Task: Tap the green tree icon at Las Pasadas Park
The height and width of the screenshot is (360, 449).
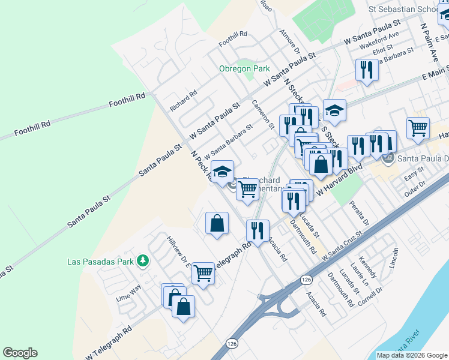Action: coord(142,261)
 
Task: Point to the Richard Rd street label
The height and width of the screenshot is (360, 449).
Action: coord(183,100)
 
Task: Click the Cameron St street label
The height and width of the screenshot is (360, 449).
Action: coord(263,115)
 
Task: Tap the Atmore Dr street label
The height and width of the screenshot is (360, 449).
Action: coord(289,40)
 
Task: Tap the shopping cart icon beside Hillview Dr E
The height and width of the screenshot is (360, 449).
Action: coord(203,273)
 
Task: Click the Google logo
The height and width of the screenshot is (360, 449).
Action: coord(20,353)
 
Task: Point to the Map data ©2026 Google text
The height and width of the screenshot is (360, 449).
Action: coord(412,355)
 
